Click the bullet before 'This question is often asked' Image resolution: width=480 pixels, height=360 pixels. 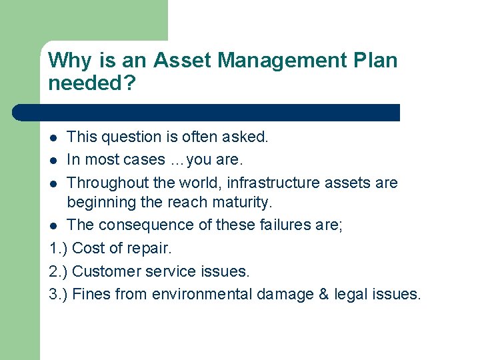point(54,138)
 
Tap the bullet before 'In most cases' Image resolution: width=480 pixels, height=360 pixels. point(54,161)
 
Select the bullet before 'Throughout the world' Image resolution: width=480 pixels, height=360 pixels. point(54,183)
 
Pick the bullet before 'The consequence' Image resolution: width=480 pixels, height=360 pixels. point(54,226)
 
